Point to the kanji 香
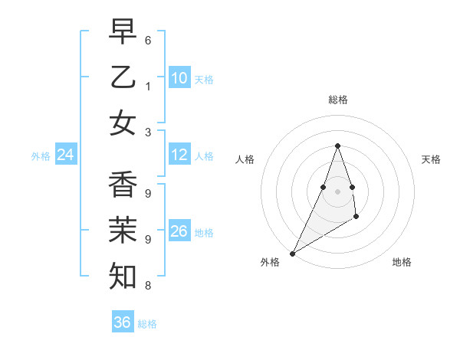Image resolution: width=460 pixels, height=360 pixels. coord(123,185)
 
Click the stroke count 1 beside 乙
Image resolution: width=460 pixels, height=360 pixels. coord(148,86)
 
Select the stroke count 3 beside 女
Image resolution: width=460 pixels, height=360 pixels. coord(148,132)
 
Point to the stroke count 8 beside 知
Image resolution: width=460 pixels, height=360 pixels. coord(148,286)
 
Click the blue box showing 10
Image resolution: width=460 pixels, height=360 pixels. coord(179,78)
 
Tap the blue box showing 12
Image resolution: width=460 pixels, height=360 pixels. coord(179,155)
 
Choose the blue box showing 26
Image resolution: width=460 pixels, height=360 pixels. coord(179,231)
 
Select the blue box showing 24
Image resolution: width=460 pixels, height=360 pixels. coord(66,155)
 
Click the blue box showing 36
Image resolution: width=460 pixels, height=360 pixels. coord(122,322)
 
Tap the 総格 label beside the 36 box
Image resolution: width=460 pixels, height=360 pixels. coord(148,324)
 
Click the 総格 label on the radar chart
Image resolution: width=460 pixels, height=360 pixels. coord(338,100)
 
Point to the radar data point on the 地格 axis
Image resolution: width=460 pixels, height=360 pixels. coord(356,218)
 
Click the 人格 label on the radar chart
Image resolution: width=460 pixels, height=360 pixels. coord(245,159)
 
